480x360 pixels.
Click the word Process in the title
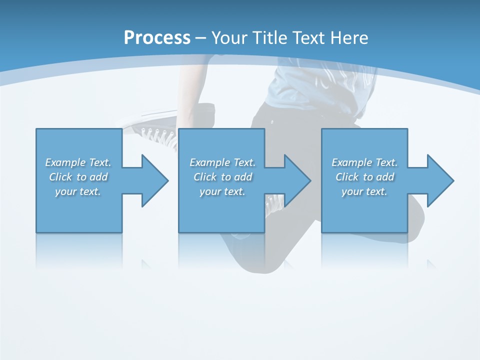[x=157, y=38]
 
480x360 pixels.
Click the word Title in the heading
[x=270, y=38]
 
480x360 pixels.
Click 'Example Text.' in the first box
[x=78, y=162]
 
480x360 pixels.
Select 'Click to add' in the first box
[x=78, y=177]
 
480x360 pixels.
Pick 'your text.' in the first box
[x=78, y=191]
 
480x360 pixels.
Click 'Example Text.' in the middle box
[x=222, y=162]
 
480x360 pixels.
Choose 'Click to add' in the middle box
[x=222, y=177]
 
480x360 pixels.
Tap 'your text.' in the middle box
[x=222, y=191]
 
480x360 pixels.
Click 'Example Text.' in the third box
[x=364, y=162]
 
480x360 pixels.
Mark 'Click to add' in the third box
[x=364, y=177]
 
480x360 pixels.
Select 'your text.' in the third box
[x=364, y=191]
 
